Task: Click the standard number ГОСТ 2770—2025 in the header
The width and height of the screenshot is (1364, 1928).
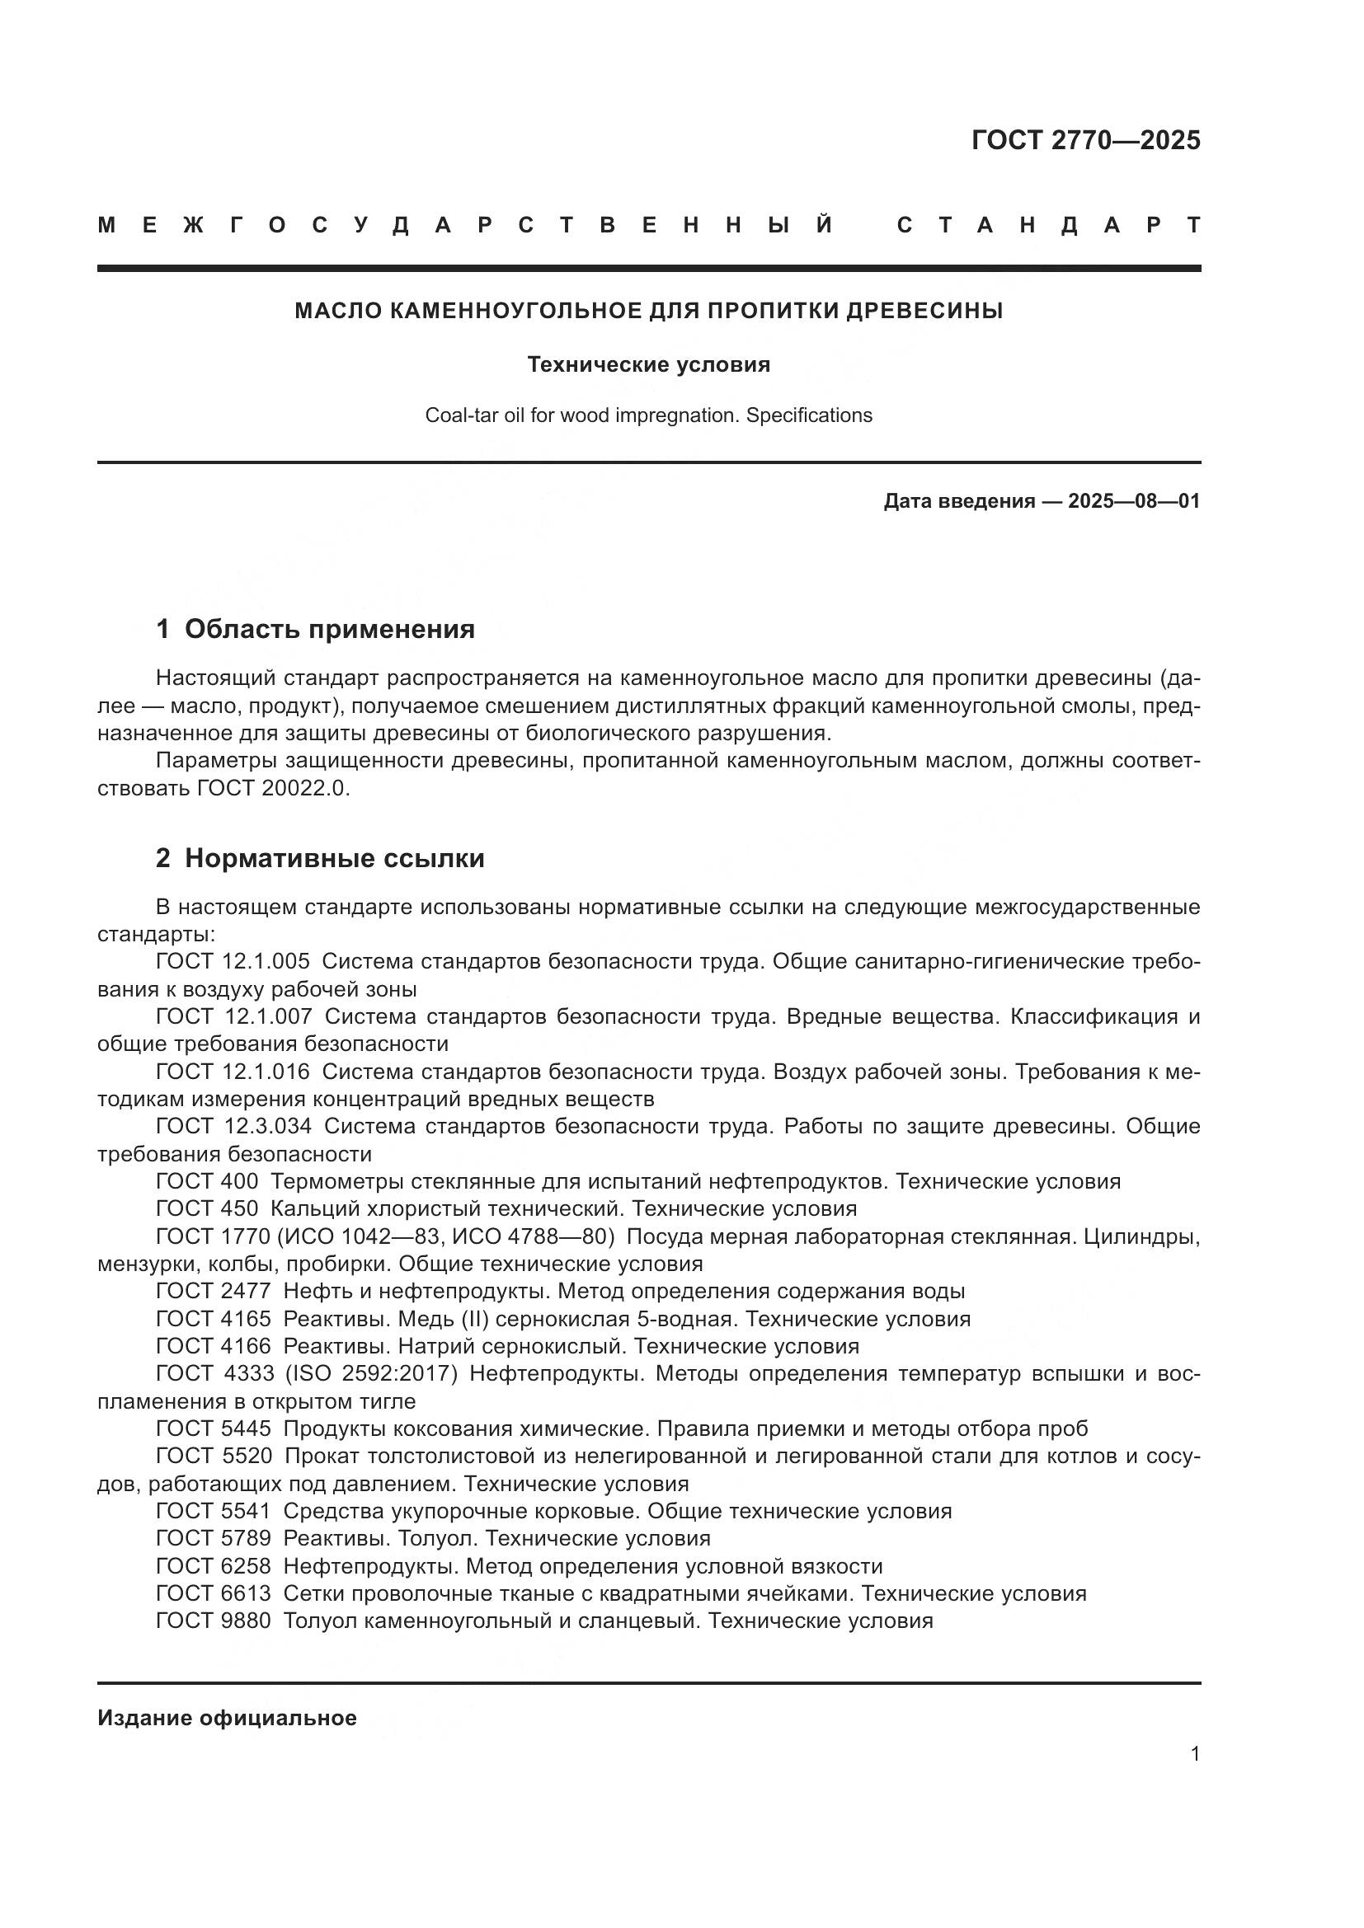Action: (1085, 140)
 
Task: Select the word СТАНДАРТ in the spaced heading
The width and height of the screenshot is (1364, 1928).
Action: (1048, 225)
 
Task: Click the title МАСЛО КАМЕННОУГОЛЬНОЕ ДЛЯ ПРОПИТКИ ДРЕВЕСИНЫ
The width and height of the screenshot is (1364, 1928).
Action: (648, 312)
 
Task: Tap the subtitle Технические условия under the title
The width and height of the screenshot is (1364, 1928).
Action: (648, 365)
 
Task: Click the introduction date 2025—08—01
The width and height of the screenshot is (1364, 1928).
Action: (1133, 502)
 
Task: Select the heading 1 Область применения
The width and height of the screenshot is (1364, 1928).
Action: (316, 629)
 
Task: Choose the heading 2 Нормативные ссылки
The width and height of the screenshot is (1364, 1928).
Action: (320, 858)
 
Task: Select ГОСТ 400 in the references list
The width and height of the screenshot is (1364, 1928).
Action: (207, 1181)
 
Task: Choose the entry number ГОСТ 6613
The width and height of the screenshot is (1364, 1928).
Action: (214, 1593)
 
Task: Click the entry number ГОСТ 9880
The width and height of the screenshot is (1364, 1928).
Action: (214, 1621)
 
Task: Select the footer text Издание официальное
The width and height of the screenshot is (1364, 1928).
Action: (227, 1718)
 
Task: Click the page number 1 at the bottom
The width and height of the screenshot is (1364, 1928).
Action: (1194, 1754)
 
